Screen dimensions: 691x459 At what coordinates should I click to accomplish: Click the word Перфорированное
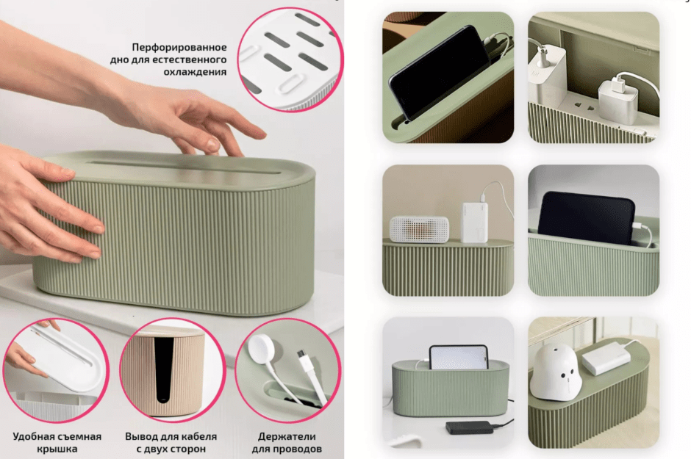coord(179,47)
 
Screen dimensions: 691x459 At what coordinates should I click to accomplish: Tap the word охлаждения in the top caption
coord(195,72)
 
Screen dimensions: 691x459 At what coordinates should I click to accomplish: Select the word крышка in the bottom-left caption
coord(57,449)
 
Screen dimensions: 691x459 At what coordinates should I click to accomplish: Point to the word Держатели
coord(287,436)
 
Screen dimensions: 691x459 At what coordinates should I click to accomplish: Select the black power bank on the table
coord(469,427)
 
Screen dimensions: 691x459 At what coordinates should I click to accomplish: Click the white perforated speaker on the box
coord(419,229)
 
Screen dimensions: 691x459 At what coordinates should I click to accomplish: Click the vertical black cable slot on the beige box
coord(163,369)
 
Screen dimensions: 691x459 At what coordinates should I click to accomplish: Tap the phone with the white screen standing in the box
coord(458,358)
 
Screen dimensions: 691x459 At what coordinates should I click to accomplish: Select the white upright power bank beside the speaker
coord(475,223)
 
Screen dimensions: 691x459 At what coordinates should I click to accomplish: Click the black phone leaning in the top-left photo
coord(437,73)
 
